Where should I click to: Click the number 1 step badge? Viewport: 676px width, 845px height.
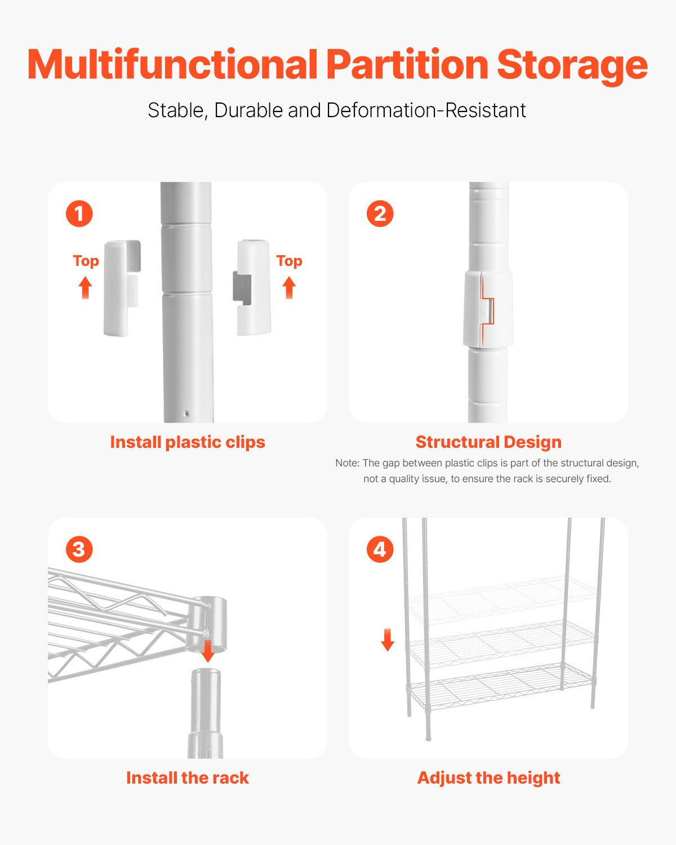[79, 214]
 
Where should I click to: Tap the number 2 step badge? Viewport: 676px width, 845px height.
[380, 214]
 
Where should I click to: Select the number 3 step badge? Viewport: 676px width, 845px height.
[79, 549]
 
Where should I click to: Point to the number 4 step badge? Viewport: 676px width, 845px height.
[380, 549]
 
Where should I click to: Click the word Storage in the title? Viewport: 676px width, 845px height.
[572, 65]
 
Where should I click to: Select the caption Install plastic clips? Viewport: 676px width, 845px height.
[187, 442]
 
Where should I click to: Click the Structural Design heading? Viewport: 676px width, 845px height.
[488, 442]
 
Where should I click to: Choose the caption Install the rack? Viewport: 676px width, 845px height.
[187, 778]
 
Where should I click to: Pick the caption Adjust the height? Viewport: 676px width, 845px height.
[488, 778]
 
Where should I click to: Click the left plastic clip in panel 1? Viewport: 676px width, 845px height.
[121, 287]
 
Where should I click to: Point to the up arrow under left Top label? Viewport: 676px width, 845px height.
[85, 287]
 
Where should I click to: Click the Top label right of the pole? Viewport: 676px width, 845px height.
[289, 261]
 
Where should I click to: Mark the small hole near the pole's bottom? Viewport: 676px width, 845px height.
[186, 414]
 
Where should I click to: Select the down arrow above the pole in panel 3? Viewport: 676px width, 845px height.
[208, 651]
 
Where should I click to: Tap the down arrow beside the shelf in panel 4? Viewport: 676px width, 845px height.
[388, 640]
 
